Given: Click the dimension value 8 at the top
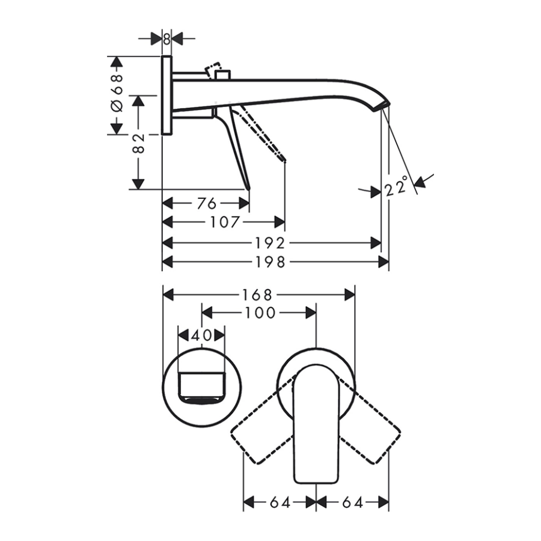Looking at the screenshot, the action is [x=167, y=39].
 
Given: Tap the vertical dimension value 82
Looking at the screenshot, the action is [x=138, y=143].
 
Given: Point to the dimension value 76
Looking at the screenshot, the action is [x=206, y=204].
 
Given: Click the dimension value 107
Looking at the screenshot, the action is [x=225, y=222].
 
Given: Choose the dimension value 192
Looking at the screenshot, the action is [x=270, y=243].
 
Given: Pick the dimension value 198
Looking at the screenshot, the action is [x=271, y=262].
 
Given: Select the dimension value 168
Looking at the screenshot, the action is [x=257, y=295].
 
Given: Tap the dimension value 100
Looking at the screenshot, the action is [x=260, y=313].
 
